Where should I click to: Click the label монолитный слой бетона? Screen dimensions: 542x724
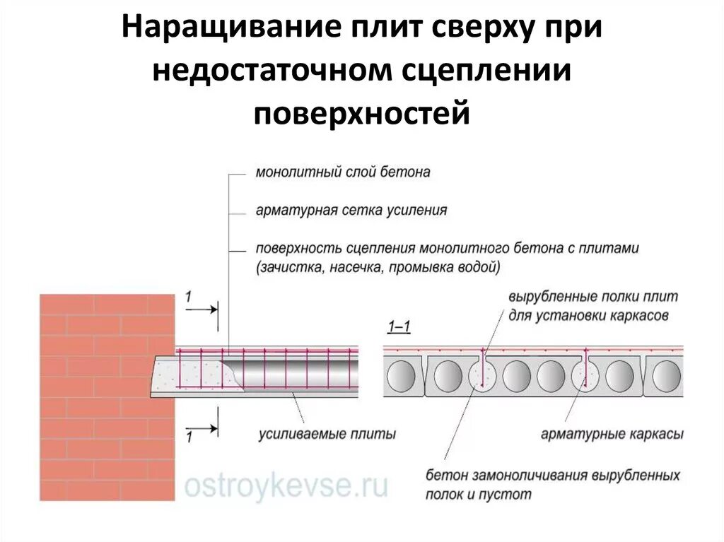342,172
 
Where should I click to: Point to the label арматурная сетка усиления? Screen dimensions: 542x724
351,210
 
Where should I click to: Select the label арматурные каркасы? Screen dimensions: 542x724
612,433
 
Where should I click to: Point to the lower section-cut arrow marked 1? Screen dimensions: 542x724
204,428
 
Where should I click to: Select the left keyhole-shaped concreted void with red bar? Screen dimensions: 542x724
484,371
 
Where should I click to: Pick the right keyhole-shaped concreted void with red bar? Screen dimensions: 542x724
587,371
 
